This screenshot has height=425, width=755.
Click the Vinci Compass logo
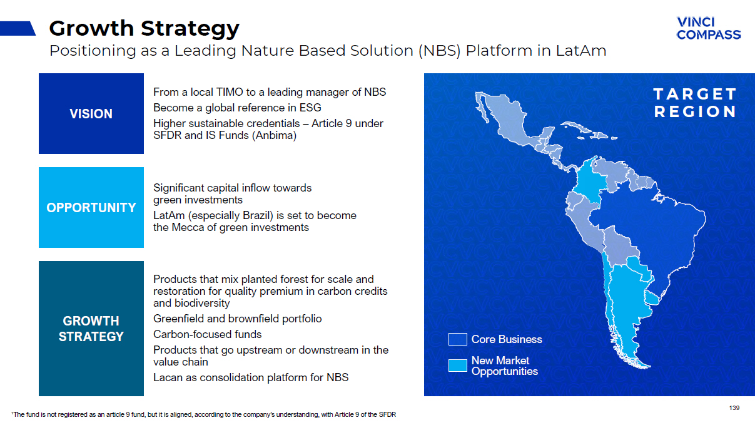point(709,28)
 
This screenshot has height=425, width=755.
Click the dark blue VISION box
point(91,114)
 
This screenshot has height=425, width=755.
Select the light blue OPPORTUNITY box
point(91,207)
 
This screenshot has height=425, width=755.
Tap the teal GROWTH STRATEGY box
point(91,329)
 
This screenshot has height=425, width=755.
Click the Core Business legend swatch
point(458,339)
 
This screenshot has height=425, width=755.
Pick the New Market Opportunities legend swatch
point(458,366)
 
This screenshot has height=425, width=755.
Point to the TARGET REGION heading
point(695,103)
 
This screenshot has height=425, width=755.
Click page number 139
point(734,408)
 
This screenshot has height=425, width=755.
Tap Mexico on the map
point(505,121)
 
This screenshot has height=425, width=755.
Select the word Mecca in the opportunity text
point(187,227)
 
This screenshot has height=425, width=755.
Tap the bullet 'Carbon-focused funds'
point(207,334)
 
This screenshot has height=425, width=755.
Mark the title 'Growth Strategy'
point(144,28)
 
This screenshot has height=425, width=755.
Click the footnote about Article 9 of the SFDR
point(204,414)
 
